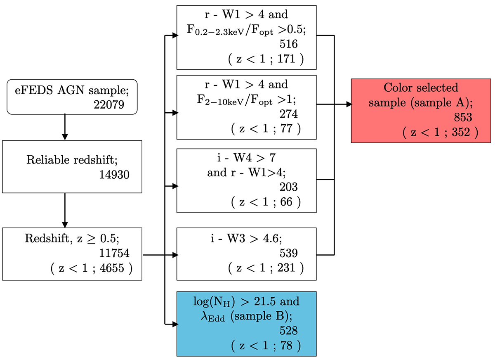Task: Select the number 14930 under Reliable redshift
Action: (x=114, y=175)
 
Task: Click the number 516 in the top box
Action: (x=288, y=44)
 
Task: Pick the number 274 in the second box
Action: (x=288, y=113)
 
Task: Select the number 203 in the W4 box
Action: (x=288, y=187)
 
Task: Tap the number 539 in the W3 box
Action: (x=288, y=252)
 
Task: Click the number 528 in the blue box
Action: (x=288, y=330)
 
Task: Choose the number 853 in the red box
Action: (x=463, y=117)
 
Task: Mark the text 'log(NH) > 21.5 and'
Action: (x=246, y=302)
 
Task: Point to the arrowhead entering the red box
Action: (x=348, y=105)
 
